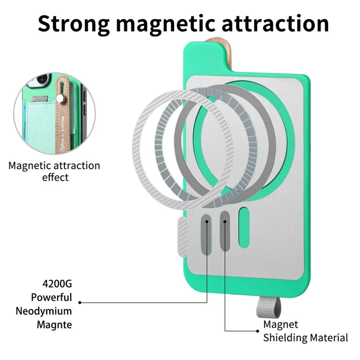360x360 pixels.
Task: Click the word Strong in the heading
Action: [x=73, y=24]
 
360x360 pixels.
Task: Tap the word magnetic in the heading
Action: [x=165, y=24]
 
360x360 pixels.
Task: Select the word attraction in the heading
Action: [x=275, y=23]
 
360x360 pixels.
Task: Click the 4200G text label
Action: [x=57, y=284]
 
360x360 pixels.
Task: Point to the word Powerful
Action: [x=52, y=297]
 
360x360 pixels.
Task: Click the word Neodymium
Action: [x=44, y=311]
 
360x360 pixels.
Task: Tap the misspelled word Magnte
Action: [x=54, y=325]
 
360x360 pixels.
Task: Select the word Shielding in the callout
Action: [x=286, y=338]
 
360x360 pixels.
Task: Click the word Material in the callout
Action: [x=329, y=338]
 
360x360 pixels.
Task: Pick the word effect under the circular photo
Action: [x=55, y=178]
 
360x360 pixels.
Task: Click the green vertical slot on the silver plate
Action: [x=244, y=228]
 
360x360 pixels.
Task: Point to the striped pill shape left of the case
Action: [x=183, y=237]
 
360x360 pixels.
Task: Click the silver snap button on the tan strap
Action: [x=60, y=99]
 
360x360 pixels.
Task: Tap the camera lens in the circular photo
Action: [x=42, y=78]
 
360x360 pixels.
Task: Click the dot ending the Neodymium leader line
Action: [x=80, y=303]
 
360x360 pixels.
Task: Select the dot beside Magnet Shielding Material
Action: [x=258, y=331]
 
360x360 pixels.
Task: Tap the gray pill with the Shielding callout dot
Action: [x=225, y=231]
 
